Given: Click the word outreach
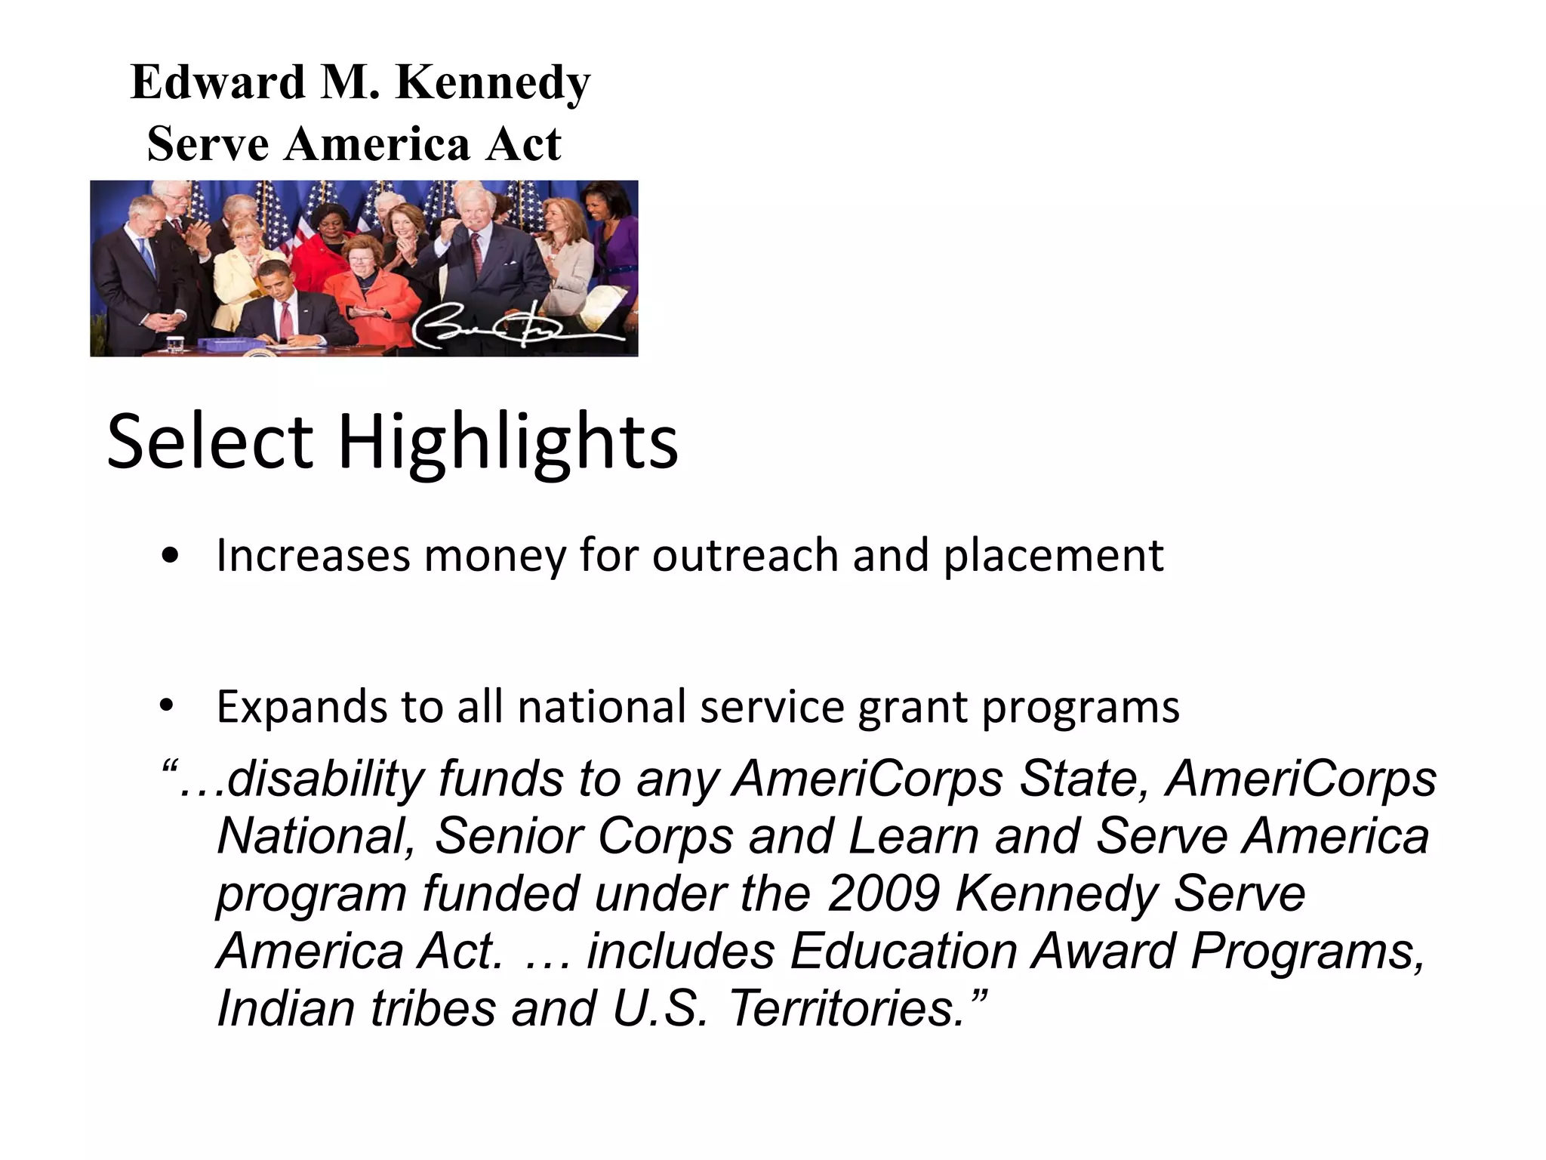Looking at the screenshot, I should tap(746, 556).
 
